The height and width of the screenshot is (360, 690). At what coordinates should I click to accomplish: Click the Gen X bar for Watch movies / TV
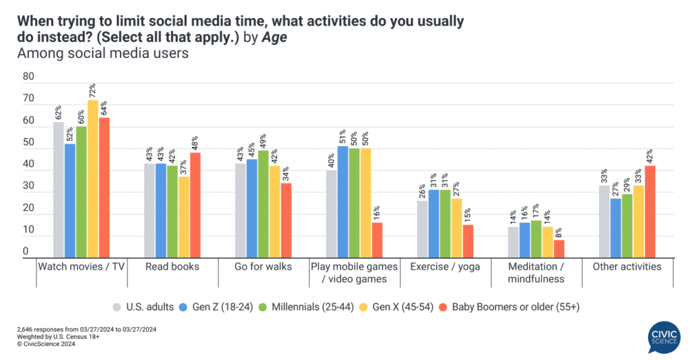pyautogui.click(x=92, y=179)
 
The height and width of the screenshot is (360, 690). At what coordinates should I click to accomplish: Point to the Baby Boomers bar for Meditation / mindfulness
pyautogui.click(x=559, y=249)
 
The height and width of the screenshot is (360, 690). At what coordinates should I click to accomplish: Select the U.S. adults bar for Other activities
pyautogui.click(x=604, y=222)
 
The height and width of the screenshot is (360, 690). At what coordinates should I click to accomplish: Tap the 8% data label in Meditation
pyautogui.click(x=559, y=233)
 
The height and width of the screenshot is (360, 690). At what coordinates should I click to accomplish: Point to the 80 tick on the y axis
pyautogui.click(x=28, y=77)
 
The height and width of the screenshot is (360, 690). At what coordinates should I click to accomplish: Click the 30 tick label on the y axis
pyautogui.click(x=28, y=187)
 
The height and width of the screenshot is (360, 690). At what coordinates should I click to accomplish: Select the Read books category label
pyautogui.click(x=172, y=267)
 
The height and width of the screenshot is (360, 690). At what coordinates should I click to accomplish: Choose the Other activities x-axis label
pyautogui.click(x=627, y=267)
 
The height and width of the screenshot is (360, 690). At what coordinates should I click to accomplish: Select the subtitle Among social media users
pyautogui.click(x=103, y=54)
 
